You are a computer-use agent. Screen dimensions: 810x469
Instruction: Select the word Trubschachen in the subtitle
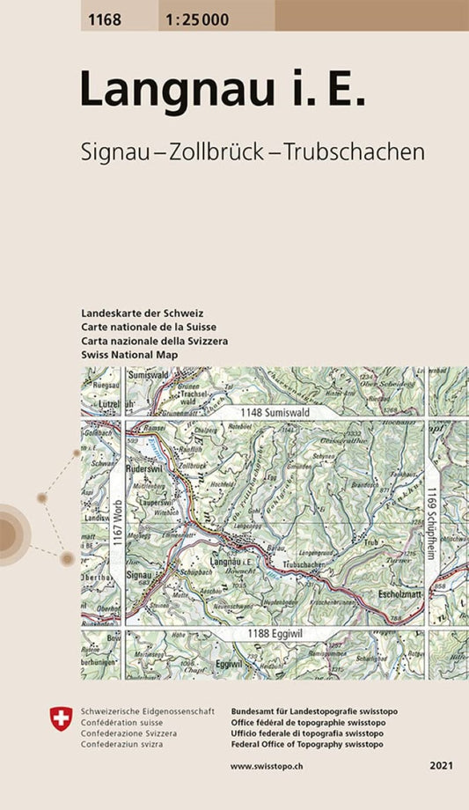point(355,151)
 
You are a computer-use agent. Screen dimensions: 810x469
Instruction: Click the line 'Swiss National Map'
point(128,354)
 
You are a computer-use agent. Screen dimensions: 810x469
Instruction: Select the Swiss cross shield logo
point(61,720)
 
